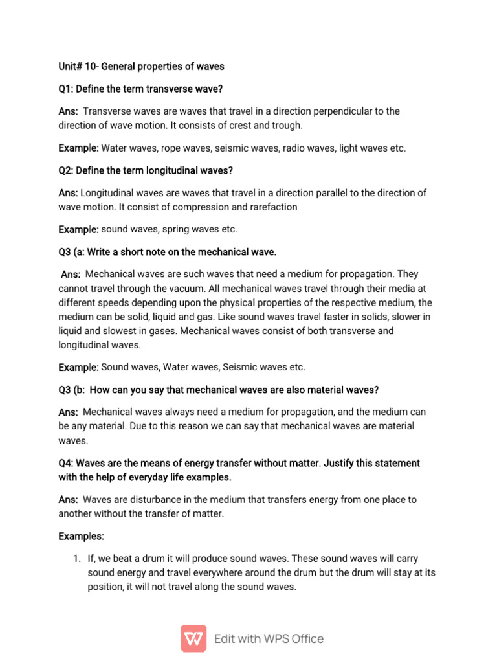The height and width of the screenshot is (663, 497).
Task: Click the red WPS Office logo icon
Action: click(193, 638)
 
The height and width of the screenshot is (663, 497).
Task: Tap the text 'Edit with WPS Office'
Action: click(269, 639)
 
